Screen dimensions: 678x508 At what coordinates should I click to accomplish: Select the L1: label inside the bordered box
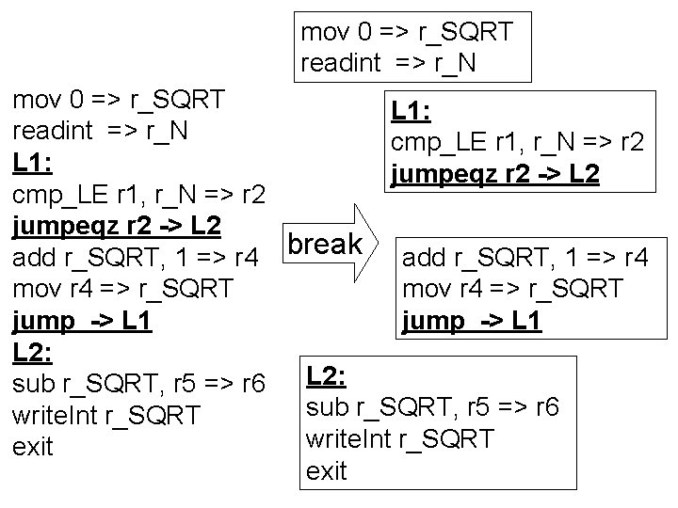coord(412,112)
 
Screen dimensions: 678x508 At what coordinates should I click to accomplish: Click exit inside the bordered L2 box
coord(327,471)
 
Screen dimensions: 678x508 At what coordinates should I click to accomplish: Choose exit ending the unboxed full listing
coord(33,447)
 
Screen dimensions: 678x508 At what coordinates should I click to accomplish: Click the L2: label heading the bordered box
coord(327,376)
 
